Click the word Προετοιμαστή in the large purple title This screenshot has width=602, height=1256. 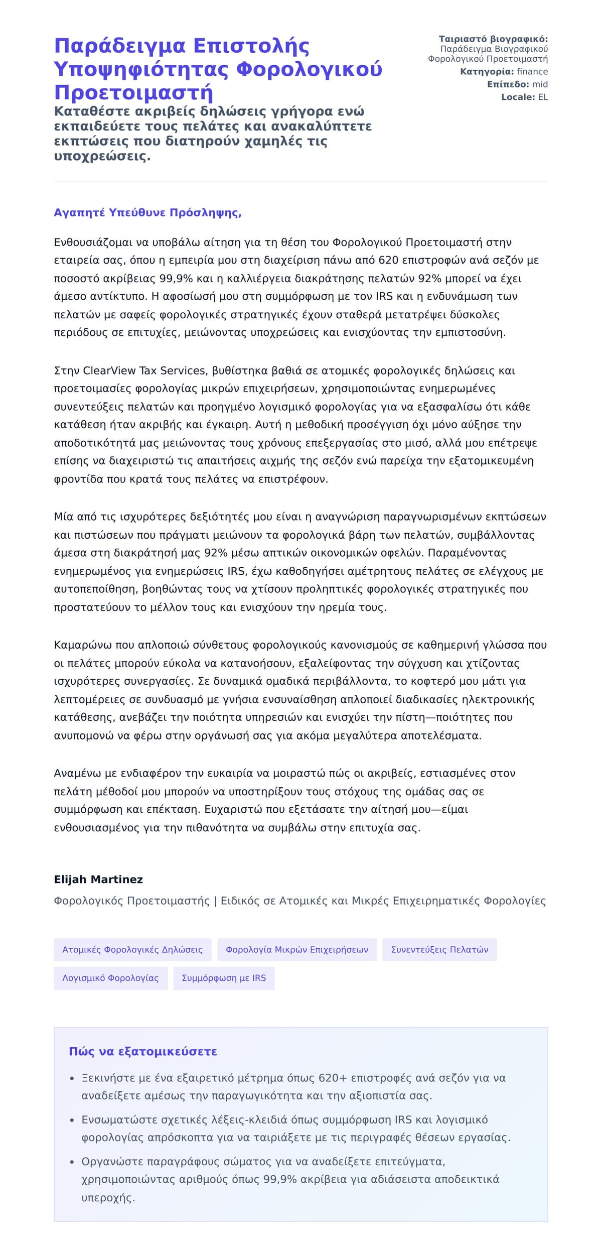click(x=133, y=93)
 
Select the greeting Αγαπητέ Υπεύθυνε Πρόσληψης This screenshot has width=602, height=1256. click(x=147, y=213)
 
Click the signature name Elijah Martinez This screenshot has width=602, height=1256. click(x=98, y=880)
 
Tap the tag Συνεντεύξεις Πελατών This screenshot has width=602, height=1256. click(x=439, y=950)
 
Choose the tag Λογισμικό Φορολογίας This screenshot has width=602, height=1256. click(x=110, y=978)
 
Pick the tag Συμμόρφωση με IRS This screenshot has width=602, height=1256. click(x=224, y=978)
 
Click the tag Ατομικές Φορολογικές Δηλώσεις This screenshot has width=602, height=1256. click(x=132, y=950)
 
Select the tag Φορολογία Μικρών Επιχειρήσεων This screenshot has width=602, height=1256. click(x=297, y=950)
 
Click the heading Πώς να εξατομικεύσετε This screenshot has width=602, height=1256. click(x=143, y=1052)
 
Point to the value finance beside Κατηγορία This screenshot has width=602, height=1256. click(x=532, y=72)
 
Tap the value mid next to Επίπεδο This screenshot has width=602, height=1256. click(x=540, y=84)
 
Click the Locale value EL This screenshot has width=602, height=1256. click(x=543, y=97)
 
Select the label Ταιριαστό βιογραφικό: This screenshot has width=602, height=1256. click(x=493, y=39)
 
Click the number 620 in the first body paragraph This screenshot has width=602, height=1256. click(x=388, y=261)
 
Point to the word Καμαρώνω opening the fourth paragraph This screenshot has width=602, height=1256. click(x=83, y=645)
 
